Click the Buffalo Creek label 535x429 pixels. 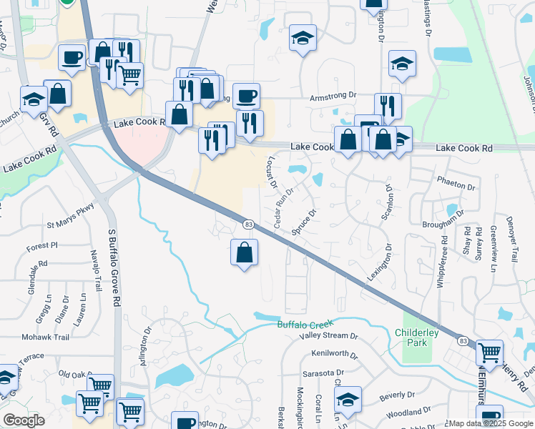[305, 325]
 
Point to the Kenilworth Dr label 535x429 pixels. [334, 354]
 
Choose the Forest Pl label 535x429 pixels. [42, 246]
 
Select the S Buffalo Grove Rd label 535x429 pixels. [114, 267]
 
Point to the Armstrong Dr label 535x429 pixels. [333, 95]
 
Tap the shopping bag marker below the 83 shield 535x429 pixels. [245, 252]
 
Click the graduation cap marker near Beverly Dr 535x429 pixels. [348, 400]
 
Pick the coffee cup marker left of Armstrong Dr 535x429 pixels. [246, 95]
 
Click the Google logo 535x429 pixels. [24, 421]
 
